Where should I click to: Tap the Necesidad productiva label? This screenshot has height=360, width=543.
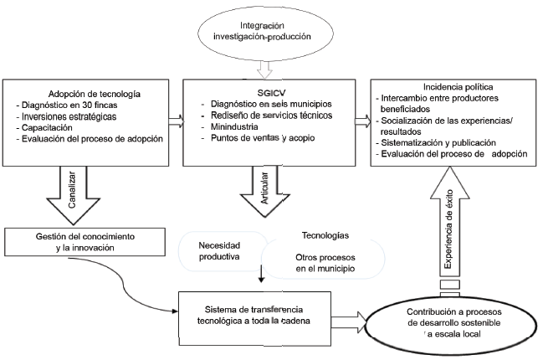(220, 251)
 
